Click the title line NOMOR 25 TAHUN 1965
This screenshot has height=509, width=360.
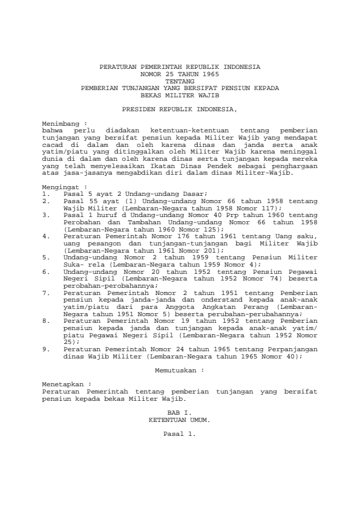tap(180, 73)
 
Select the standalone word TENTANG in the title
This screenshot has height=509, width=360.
tap(180, 80)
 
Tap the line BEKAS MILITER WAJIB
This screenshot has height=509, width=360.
tap(180, 95)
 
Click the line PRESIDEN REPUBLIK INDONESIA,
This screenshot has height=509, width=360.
tap(180, 110)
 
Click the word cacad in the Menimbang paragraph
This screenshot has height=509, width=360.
tap(51, 144)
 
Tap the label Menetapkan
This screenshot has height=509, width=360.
tap(62, 384)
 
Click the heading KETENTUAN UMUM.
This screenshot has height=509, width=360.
tap(180, 418)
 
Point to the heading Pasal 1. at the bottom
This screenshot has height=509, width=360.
tap(180, 433)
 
